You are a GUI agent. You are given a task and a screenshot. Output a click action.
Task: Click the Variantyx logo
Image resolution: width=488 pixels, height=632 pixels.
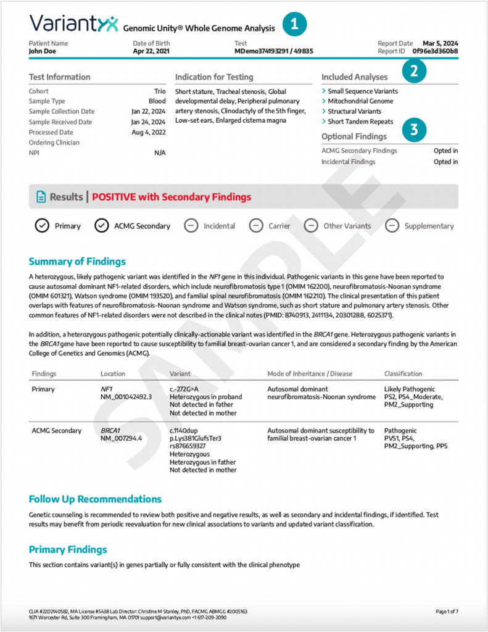(x=73, y=24)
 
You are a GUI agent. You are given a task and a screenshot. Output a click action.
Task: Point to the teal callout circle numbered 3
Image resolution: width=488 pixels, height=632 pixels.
(x=414, y=129)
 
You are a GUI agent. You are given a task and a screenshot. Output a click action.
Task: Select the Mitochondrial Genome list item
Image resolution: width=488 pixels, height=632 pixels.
(x=360, y=101)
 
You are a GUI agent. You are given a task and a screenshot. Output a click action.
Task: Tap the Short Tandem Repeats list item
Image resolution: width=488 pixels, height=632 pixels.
(x=360, y=122)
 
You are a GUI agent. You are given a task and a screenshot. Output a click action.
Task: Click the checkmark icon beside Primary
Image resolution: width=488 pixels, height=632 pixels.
(x=42, y=226)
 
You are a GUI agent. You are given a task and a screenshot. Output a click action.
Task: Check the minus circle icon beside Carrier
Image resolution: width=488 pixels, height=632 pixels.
(x=256, y=226)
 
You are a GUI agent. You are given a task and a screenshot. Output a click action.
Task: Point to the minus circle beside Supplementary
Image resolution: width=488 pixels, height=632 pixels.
(x=392, y=226)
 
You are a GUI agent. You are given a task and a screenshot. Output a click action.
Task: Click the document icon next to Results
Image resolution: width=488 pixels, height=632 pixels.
(x=41, y=197)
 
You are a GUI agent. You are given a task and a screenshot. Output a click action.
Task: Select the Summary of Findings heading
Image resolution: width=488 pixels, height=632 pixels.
(x=77, y=262)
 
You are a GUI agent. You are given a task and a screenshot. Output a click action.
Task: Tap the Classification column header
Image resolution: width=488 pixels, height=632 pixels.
(x=403, y=373)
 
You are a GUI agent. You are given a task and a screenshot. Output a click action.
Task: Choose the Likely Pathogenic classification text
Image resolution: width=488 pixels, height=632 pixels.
(x=409, y=389)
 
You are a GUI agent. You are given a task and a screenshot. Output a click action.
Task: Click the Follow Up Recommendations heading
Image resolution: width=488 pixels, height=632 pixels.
(x=95, y=499)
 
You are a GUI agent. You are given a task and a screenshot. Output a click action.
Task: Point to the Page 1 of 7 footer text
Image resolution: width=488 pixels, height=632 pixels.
(x=447, y=611)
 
